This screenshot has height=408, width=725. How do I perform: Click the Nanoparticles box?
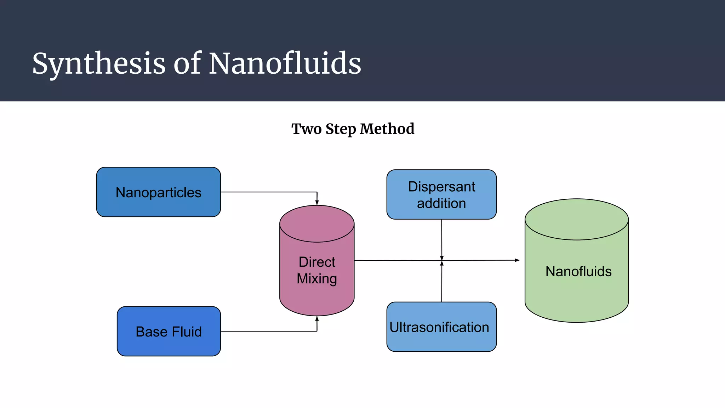click(x=158, y=192)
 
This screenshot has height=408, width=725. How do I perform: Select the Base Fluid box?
click(x=169, y=331)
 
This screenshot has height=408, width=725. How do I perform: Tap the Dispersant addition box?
click(x=441, y=194)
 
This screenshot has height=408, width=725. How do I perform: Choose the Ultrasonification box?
click(x=441, y=327)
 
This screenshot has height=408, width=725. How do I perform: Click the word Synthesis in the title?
click(x=99, y=64)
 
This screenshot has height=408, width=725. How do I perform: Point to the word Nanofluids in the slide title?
click(x=285, y=64)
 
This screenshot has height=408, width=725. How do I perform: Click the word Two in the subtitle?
click(x=306, y=129)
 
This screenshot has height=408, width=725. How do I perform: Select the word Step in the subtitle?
click(x=340, y=129)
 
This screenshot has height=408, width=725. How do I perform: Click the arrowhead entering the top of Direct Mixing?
click(x=317, y=203)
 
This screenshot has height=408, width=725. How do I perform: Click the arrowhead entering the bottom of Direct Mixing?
click(x=317, y=319)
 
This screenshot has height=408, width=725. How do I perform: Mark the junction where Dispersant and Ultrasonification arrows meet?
click(x=442, y=261)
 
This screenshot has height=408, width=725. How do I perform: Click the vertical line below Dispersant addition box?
click(x=441, y=237)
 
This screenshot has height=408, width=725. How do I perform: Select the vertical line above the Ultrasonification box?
click(x=442, y=283)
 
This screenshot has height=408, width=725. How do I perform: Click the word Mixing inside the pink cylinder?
click(x=317, y=279)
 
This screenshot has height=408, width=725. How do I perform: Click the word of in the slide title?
click(x=187, y=64)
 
